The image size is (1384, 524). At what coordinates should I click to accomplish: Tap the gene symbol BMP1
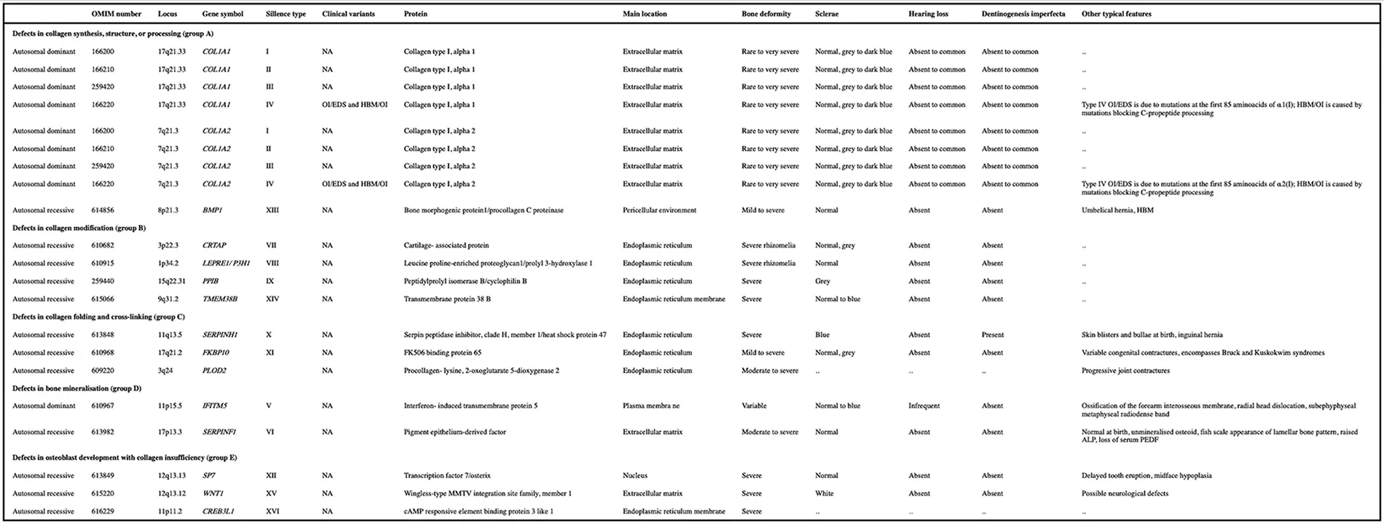[212, 210]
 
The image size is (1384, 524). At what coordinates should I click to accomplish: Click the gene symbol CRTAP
[215, 245]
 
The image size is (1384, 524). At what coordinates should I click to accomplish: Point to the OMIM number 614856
[103, 210]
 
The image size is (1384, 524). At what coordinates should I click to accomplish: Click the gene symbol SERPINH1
[220, 335]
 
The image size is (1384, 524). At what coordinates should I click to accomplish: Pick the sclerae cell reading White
[825, 493]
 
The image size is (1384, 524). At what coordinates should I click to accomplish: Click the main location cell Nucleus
[635, 476]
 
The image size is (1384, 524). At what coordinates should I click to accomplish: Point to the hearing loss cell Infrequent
[924, 406]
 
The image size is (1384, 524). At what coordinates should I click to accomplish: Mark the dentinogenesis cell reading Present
[993, 335]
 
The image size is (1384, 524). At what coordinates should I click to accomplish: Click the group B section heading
[79, 228]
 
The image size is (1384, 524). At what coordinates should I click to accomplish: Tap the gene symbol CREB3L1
[218, 512]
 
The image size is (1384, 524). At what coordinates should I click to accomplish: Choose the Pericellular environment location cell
[659, 210]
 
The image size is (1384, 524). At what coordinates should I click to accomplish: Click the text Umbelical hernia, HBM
[1117, 210]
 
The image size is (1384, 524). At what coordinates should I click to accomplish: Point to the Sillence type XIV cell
[272, 299]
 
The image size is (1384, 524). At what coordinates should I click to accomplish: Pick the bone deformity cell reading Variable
[754, 406]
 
